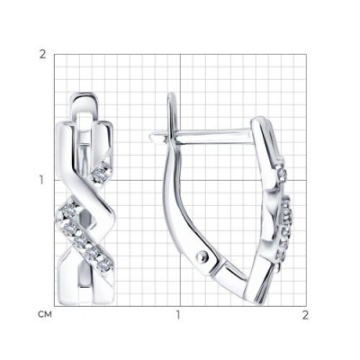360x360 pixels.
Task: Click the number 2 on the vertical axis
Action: click(x=43, y=55)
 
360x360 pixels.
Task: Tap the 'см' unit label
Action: click(x=45, y=314)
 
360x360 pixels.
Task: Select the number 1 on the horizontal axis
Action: click(x=178, y=315)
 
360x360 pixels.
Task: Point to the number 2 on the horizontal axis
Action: click(x=305, y=315)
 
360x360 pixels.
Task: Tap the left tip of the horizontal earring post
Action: click(x=150, y=138)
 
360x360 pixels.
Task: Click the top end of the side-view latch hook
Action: click(x=172, y=94)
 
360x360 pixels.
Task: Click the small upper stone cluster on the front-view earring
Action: click(x=102, y=174)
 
